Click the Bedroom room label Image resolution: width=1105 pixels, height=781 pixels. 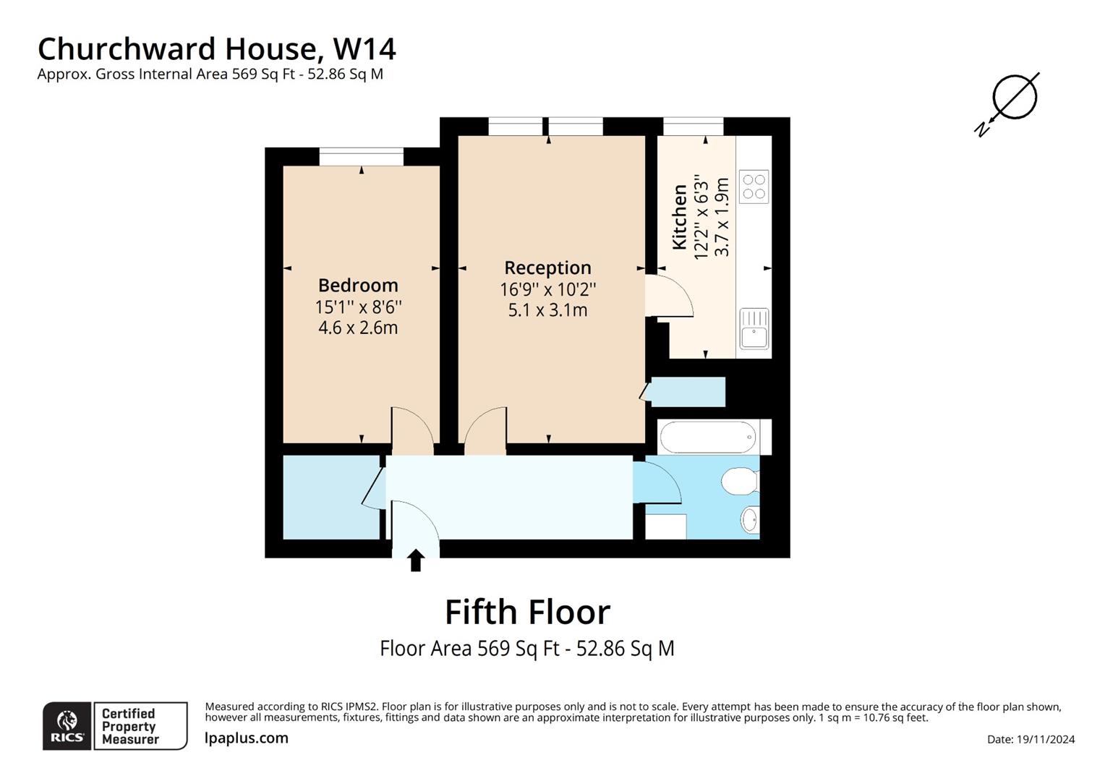358,285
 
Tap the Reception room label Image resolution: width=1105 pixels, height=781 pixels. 547,268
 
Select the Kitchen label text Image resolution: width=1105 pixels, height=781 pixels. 680,217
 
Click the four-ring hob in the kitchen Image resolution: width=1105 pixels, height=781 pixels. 754,187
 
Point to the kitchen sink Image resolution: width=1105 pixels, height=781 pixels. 754,329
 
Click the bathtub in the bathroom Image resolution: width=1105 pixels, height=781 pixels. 709,438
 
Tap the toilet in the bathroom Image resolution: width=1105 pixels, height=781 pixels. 740,480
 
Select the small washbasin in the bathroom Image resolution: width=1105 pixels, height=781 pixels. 750,518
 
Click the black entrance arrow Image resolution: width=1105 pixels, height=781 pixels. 416,560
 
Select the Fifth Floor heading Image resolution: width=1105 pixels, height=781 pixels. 527,612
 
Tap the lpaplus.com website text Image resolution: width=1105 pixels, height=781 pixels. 247,738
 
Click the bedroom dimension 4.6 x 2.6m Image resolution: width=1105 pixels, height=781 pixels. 358,328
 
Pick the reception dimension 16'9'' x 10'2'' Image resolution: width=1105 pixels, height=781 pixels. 547,289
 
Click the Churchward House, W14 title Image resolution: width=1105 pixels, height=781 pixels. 216,48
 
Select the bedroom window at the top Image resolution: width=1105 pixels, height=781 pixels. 361,156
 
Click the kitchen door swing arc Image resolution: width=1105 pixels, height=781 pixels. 673,296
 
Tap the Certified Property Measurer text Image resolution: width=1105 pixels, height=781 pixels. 129,726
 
